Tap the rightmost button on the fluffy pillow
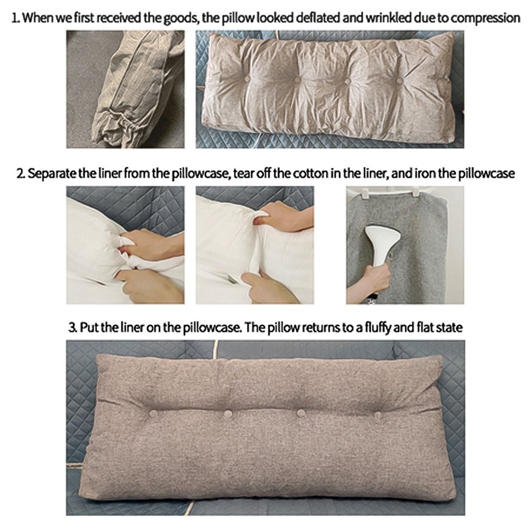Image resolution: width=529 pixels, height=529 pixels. (x=378, y=415)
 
